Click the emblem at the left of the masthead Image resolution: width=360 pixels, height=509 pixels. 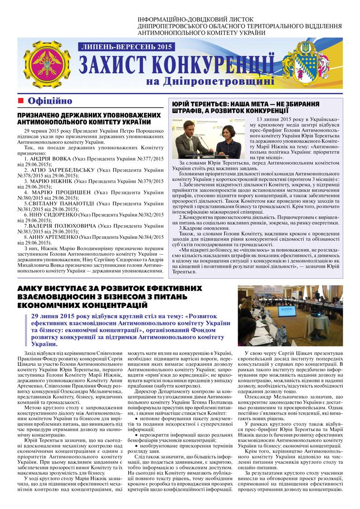pyautogui.click(x=44, y=64)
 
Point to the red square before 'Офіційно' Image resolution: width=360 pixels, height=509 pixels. pyautogui.click(x=20, y=101)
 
